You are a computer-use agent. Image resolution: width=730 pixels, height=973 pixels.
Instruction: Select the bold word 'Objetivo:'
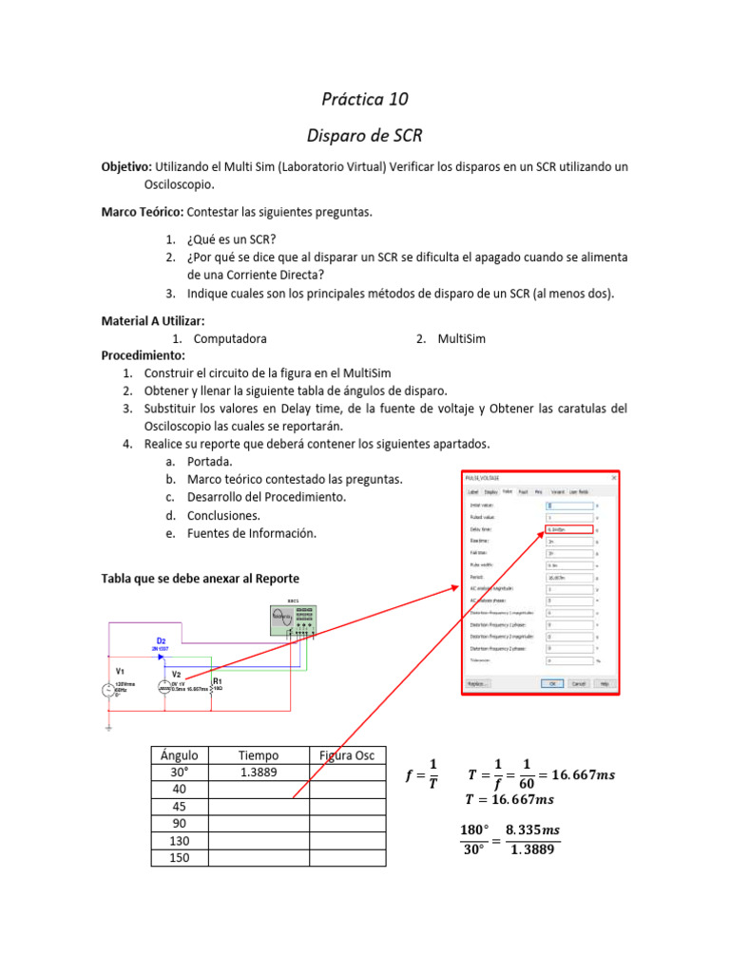126,166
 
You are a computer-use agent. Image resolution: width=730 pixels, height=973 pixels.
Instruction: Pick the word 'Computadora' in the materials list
230,338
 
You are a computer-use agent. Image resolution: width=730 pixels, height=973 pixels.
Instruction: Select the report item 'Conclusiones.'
223,515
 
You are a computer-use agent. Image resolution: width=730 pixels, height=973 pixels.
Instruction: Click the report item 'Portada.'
209,462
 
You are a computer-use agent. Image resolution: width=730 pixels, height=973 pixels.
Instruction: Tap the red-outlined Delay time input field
568,529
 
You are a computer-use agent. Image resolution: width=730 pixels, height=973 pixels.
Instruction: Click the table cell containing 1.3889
258,773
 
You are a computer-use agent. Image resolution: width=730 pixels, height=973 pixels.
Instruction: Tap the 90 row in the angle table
179,824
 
